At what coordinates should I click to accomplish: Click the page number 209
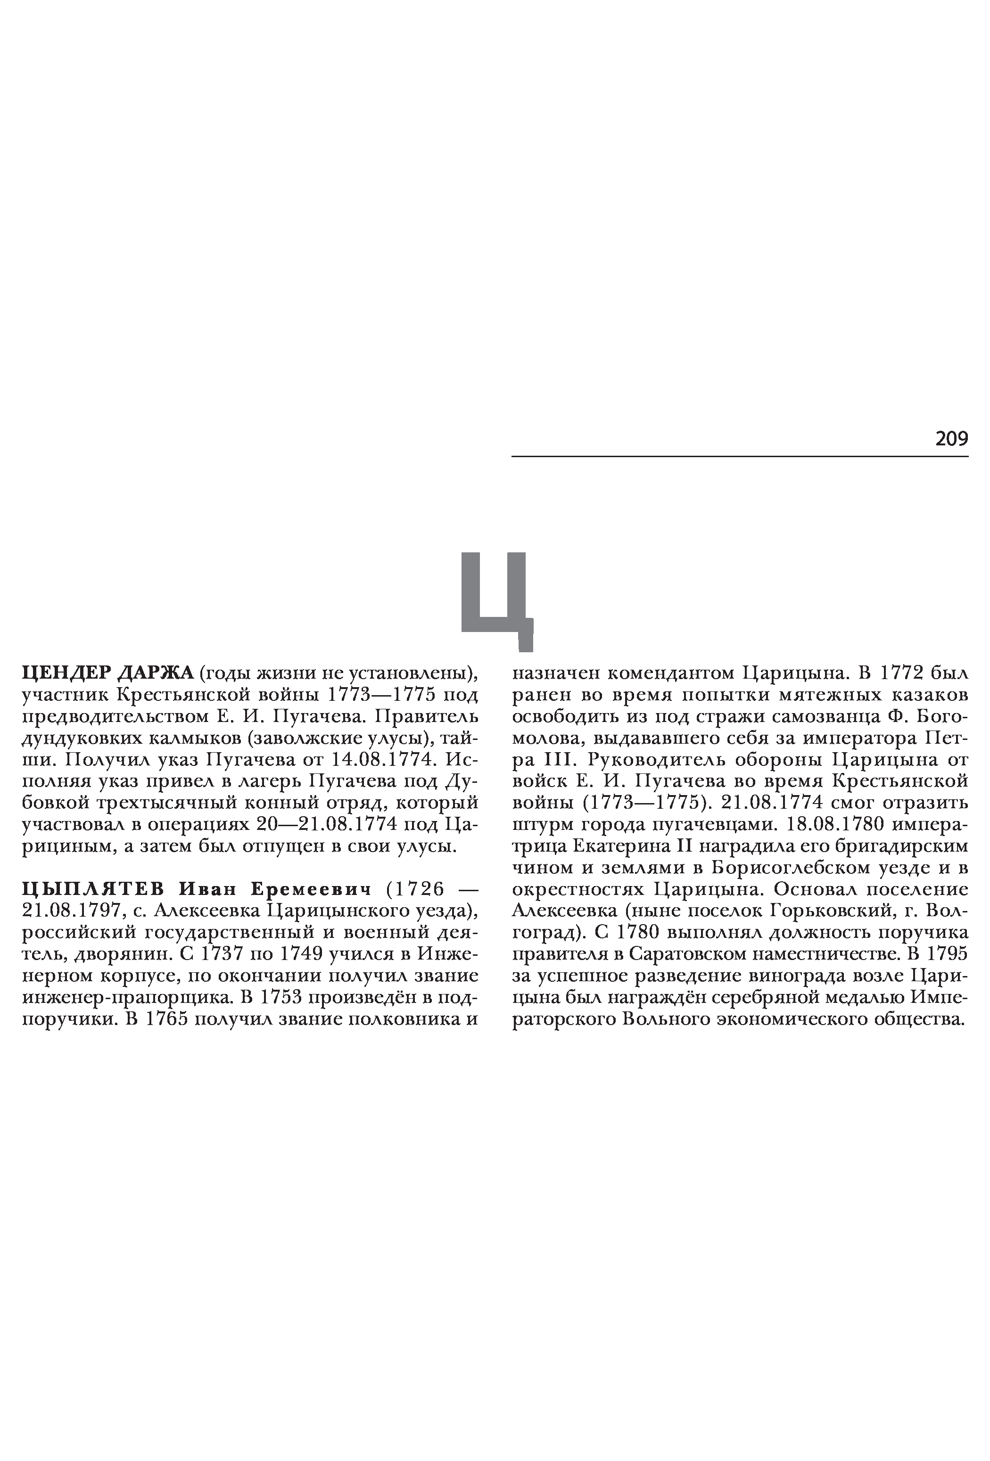951,438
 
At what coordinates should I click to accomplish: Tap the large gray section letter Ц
497,597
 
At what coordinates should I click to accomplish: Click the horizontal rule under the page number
740,456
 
